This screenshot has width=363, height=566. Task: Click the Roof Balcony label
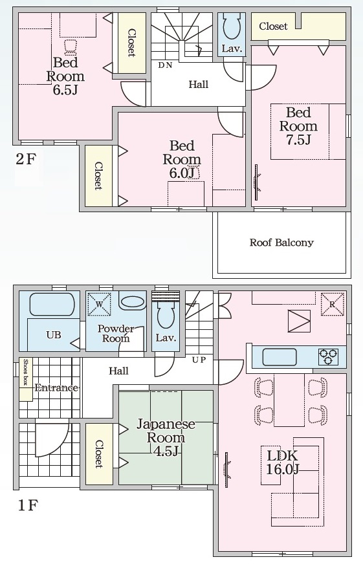pos(281,242)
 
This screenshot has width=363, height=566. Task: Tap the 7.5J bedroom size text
pos(298,140)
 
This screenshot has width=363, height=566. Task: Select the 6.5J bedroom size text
pos(65,89)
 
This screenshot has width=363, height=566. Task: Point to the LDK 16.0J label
pos(283,462)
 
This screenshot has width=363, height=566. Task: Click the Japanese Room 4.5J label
pos(166,437)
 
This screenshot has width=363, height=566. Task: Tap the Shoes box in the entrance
pos(26,379)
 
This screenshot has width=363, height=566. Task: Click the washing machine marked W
pos(100,303)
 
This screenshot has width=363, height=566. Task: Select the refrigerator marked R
pos(333,304)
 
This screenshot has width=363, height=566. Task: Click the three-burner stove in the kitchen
pos(328,356)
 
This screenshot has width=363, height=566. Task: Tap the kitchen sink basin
pos(279,356)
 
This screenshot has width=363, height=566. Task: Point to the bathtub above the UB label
pos(52,305)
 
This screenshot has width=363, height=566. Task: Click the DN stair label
pos(165,65)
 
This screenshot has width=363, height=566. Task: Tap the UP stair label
pos(199,360)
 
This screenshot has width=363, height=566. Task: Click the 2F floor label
pos(27,159)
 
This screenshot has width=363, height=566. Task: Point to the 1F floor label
pos(27,505)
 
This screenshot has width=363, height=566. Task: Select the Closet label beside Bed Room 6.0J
pos(98,176)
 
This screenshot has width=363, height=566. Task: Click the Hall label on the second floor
pos(198,85)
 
